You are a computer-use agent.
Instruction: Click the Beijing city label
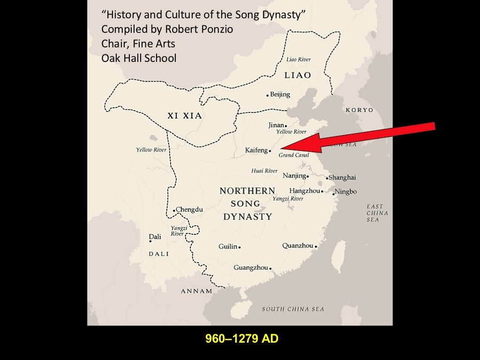pos(280,95)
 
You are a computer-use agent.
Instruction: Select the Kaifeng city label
pos(256,150)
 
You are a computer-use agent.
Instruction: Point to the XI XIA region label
pos(185,116)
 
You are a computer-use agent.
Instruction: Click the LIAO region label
pos(298,75)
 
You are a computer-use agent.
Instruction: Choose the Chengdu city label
pos(189,210)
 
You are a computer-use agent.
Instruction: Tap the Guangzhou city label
pos(251,268)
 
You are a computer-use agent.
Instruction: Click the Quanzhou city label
pos(298,246)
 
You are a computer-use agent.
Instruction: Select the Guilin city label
pos(228,247)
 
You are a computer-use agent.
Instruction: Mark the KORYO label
pos(360,110)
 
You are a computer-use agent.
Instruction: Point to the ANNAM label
pos(197,291)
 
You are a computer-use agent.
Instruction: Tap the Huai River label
pos(264,171)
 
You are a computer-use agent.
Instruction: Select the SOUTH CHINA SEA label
pos(293,309)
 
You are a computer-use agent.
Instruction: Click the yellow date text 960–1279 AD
pos(242,338)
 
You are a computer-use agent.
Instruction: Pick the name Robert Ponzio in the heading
pos(199,30)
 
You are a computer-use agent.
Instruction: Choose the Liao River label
pos(299,60)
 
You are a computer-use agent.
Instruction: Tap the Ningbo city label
pos(346,192)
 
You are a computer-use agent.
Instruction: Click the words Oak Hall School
pos(139,58)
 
